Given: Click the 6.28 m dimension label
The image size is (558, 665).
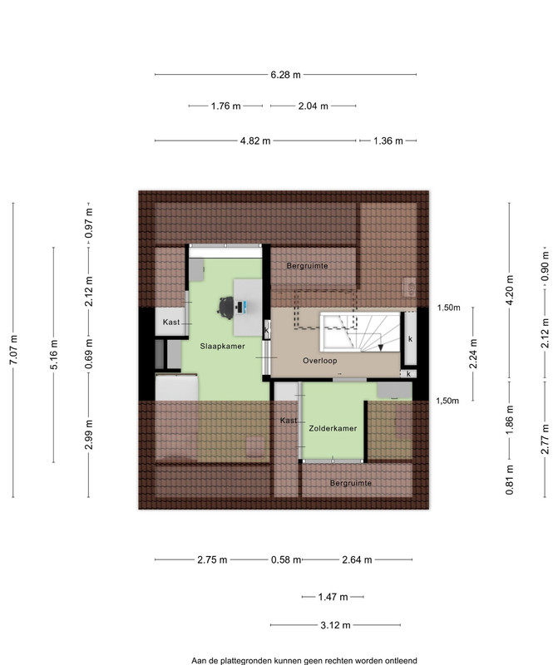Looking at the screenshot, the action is [285, 75].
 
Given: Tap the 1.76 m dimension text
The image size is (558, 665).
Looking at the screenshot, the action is [225, 106].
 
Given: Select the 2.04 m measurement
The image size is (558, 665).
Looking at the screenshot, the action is [314, 106].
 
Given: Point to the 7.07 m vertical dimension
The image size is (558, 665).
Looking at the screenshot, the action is [13, 350].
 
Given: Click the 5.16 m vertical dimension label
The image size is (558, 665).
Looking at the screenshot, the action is [54, 355].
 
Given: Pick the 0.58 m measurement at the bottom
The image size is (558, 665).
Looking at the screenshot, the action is [286, 559].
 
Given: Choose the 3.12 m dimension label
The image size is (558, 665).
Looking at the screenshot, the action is [335, 625].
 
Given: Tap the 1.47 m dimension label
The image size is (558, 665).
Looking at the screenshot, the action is [333, 597].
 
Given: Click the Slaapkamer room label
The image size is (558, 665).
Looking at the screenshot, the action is [222, 346].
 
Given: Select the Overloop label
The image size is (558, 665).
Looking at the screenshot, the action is [320, 361].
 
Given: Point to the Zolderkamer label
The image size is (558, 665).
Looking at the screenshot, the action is [333, 428].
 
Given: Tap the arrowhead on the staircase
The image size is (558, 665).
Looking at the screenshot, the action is [381, 347].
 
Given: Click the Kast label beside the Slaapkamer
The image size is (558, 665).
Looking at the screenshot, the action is [171, 322].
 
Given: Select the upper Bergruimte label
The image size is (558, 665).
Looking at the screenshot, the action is [307, 266].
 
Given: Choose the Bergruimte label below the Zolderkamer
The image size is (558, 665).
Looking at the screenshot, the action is [350, 483].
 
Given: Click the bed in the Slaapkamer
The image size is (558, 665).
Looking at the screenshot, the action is [176, 417].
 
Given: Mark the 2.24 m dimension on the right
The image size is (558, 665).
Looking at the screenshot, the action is [473, 354].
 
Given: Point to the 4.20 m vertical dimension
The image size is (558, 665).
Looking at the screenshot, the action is [510, 290].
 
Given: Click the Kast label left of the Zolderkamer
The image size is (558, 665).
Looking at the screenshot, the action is [289, 421].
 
